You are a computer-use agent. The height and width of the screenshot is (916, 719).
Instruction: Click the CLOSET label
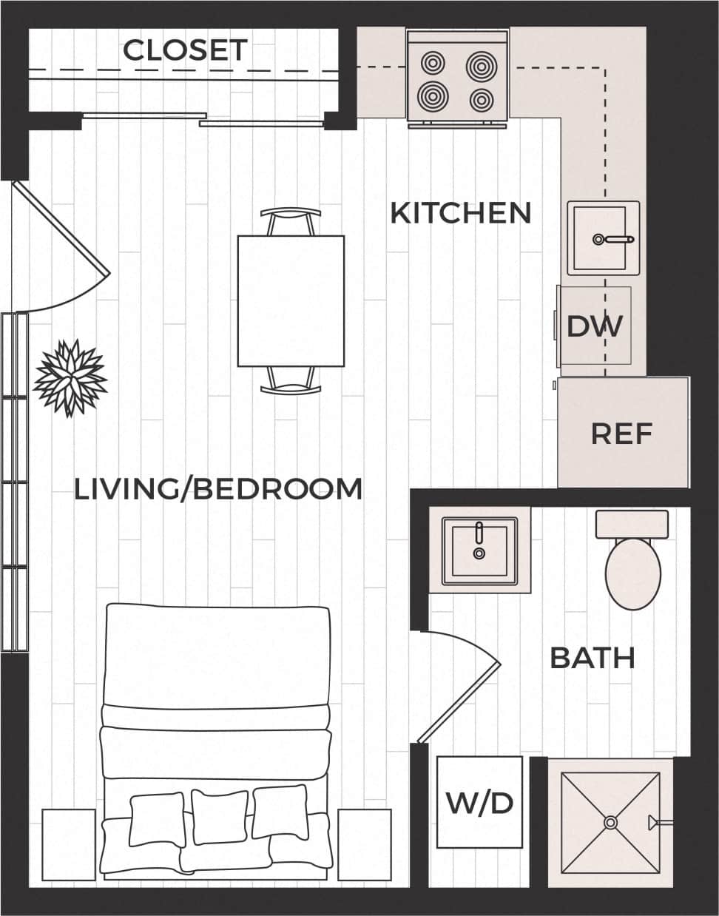click(x=185, y=50)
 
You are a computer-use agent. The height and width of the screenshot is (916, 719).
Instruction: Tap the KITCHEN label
click(x=460, y=213)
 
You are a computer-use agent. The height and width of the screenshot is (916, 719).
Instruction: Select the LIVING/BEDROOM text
click(x=218, y=489)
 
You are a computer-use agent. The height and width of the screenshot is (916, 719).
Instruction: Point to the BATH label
click(x=593, y=657)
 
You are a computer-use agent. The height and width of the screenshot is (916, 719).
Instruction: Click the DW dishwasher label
click(x=595, y=326)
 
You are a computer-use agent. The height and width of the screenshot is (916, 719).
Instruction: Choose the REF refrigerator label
click(x=621, y=434)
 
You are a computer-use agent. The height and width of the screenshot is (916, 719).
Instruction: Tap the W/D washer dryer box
click(x=479, y=802)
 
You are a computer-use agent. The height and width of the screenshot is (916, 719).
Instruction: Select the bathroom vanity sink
click(x=479, y=549)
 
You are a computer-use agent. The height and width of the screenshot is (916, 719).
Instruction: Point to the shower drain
click(x=610, y=822)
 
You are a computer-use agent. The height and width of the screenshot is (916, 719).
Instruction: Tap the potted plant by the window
click(x=71, y=377)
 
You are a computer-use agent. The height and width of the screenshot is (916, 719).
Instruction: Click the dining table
click(x=291, y=300)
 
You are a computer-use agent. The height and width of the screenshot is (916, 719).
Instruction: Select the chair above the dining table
click(x=291, y=220)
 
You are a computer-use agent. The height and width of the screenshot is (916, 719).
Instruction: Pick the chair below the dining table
click(x=291, y=380)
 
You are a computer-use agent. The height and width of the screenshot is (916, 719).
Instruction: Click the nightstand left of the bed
click(x=69, y=844)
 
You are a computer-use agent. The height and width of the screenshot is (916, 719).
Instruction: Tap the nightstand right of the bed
click(x=364, y=844)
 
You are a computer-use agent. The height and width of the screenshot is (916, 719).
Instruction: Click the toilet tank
click(x=632, y=524)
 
